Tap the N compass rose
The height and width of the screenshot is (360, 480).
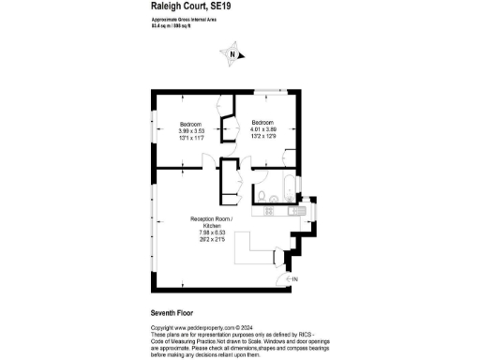click(232, 55)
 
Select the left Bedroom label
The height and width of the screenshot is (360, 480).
click(193, 124)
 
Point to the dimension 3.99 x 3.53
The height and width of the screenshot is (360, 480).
click(193, 131)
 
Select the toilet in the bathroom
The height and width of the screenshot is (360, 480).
click(265, 196)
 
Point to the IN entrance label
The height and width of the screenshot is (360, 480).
click(294, 279)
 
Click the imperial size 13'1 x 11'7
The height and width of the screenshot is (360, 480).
click(193, 139)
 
